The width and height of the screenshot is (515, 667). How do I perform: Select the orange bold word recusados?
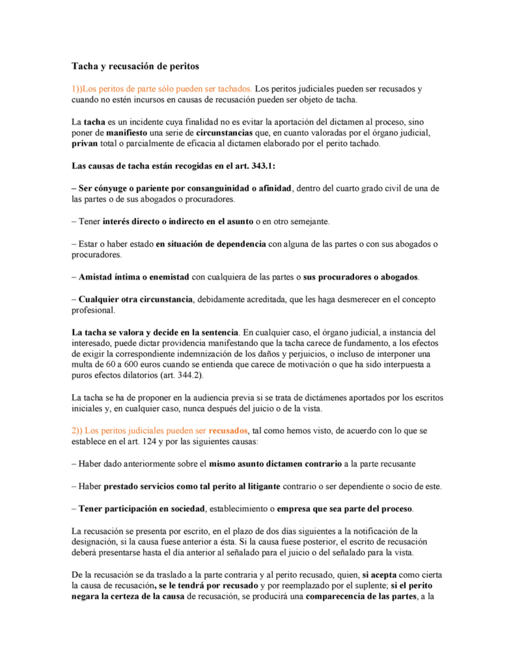[x=229, y=431]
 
